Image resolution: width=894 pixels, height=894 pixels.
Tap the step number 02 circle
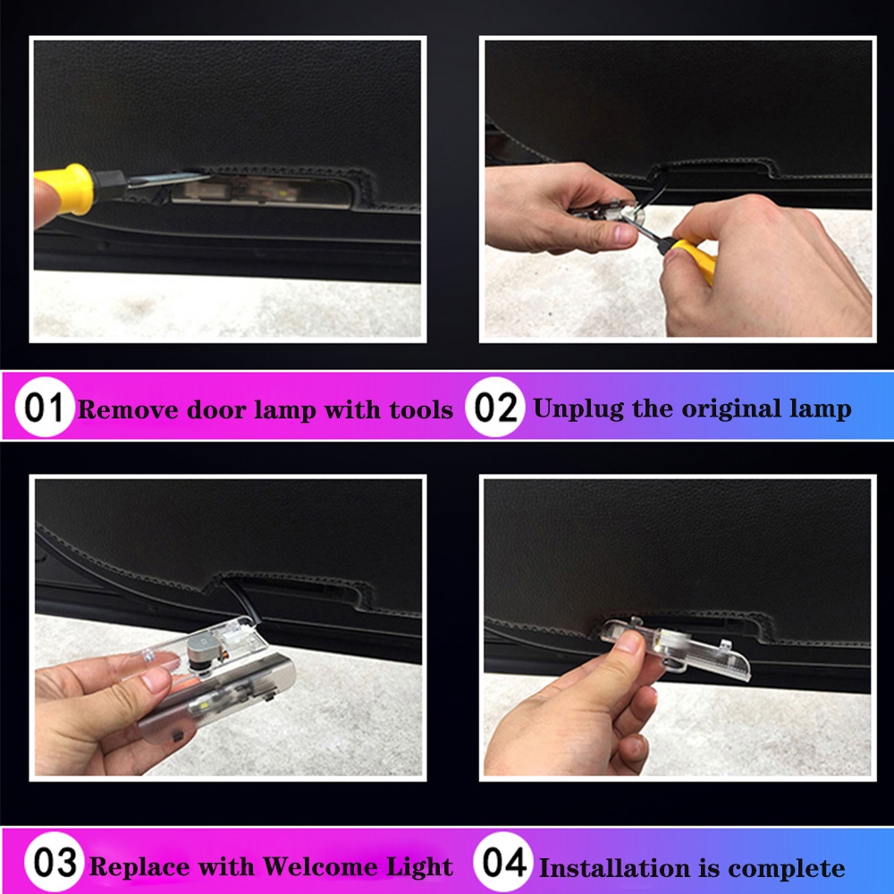tap(494, 407)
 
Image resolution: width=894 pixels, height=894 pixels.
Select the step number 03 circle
tap(55, 862)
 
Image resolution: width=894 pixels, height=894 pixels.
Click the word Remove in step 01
tap(128, 409)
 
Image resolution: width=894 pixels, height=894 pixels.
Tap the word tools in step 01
tap(421, 409)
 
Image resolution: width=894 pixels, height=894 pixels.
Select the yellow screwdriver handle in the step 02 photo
tap(696, 258)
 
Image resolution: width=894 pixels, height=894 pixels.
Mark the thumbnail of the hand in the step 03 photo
tap(156, 679)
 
